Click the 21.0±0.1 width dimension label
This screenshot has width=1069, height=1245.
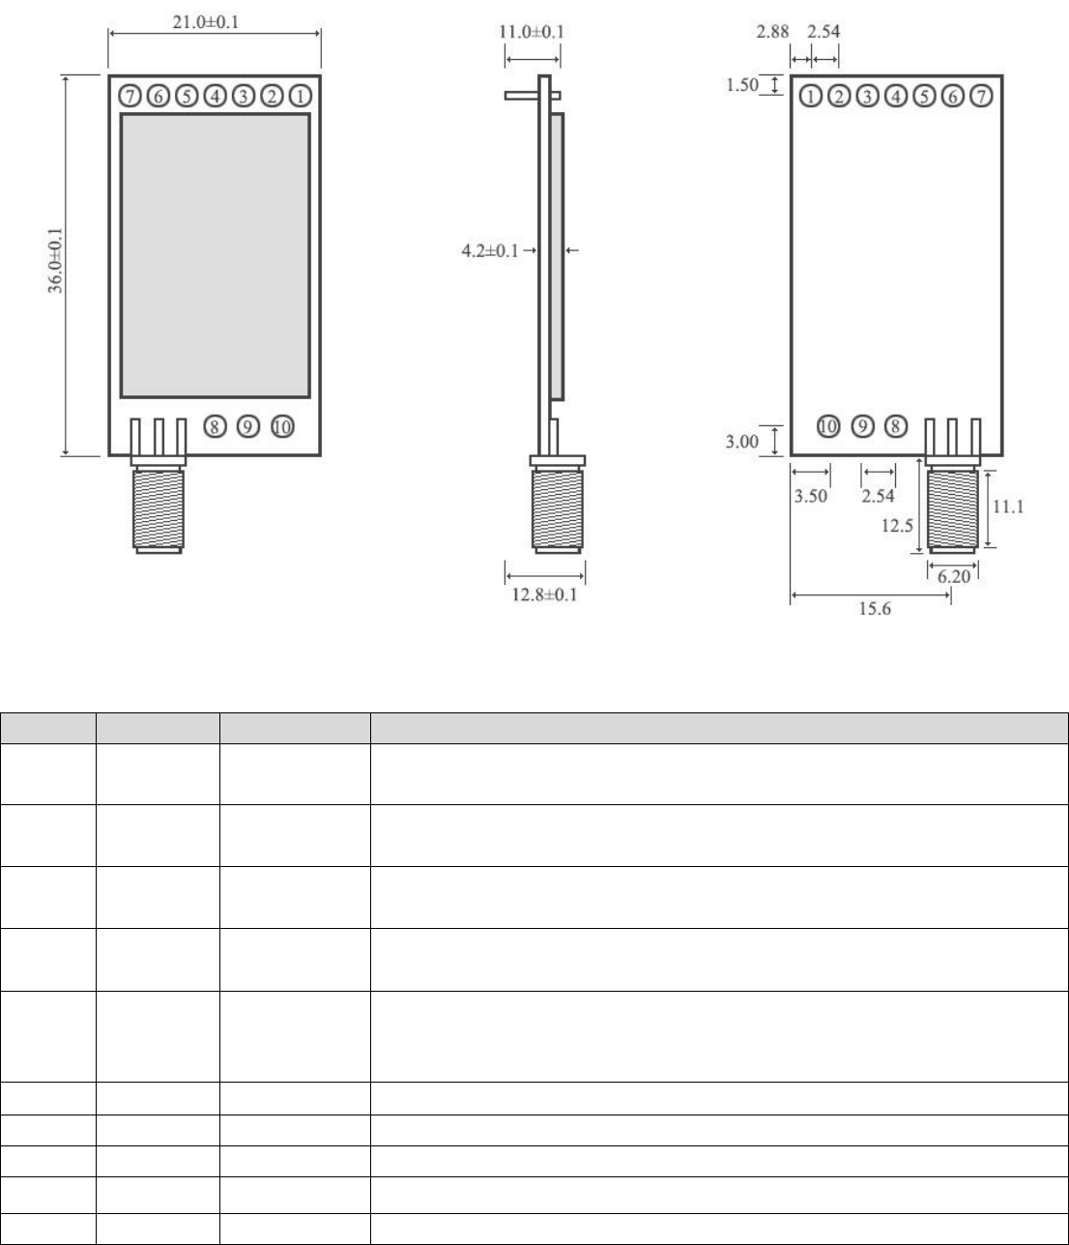coord(205,22)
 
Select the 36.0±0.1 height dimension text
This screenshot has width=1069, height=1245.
coord(55,260)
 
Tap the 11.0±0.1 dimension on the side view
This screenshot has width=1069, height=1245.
coord(532,31)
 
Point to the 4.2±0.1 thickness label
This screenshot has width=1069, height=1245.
coord(490,250)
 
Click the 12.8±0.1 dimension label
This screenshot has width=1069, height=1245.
coord(544,594)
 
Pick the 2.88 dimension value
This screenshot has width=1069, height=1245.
coord(772,31)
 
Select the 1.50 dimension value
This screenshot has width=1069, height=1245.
coord(742,85)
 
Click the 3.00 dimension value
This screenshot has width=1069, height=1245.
coord(742,442)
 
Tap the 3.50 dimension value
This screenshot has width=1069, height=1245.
coord(811,496)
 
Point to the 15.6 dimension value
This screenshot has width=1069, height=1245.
coord(875,608)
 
